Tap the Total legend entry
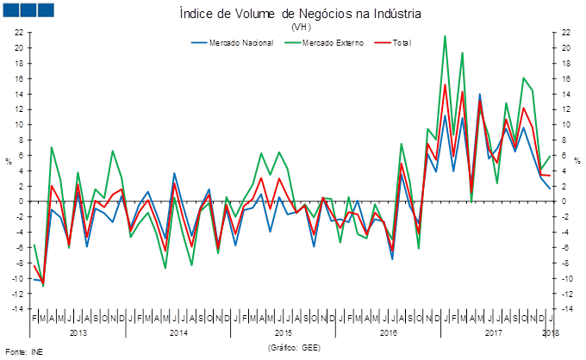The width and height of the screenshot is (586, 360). click(401, 42)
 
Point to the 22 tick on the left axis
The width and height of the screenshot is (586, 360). click(18, 32)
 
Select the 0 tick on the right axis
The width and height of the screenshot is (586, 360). click(565, 202)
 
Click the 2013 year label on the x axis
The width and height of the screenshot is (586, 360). click(78, 332)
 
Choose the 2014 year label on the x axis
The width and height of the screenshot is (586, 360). click(178, 332)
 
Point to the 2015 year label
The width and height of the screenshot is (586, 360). click(284, 332)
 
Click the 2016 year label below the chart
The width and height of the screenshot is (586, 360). click(389, 332)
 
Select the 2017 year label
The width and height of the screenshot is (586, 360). click(494, 332)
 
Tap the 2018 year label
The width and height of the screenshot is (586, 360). click(551, 332)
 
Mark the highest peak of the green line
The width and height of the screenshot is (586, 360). click(445, 35)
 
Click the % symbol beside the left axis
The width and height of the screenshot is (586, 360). click(9, 161)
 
